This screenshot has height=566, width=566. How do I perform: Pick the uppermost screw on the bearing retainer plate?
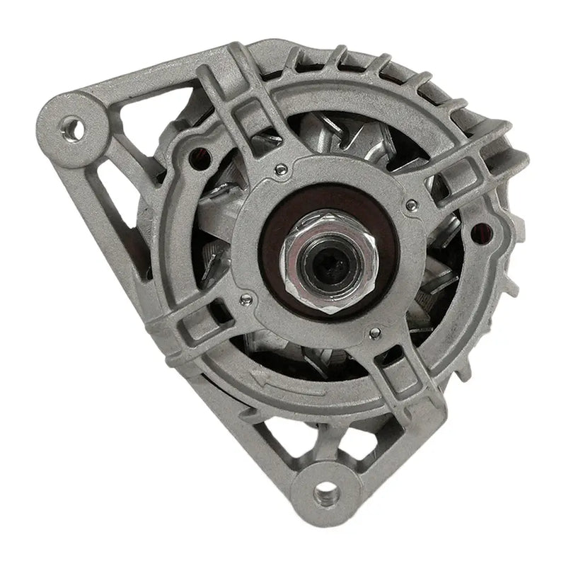(282, 168)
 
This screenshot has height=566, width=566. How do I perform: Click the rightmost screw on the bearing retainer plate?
(410, 205)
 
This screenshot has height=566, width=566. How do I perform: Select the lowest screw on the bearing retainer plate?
(373, 333)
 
